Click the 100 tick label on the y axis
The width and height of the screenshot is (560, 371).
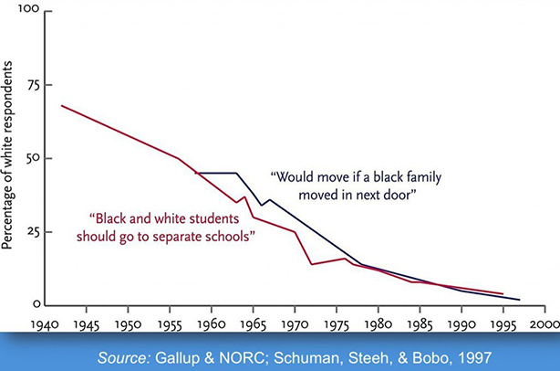point(28,12)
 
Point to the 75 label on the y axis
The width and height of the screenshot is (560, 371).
point(31,85)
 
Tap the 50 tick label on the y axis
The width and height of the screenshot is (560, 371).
point(31,158)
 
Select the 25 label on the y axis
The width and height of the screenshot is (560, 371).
point(31,231)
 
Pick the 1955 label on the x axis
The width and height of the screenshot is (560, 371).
point(170,324)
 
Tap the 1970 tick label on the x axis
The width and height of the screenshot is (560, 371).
point(295,324)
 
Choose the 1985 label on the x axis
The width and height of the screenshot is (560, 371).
point(420,324)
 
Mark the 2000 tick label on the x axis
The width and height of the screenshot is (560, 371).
point(544,324)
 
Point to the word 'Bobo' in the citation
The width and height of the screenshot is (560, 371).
point(429,353)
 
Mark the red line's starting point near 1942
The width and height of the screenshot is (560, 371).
point(61,105)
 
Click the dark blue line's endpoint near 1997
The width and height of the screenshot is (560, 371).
point(520,300)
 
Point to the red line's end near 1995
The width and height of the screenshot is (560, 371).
point(503,293)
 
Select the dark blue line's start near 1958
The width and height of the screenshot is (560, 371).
point(195,173)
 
